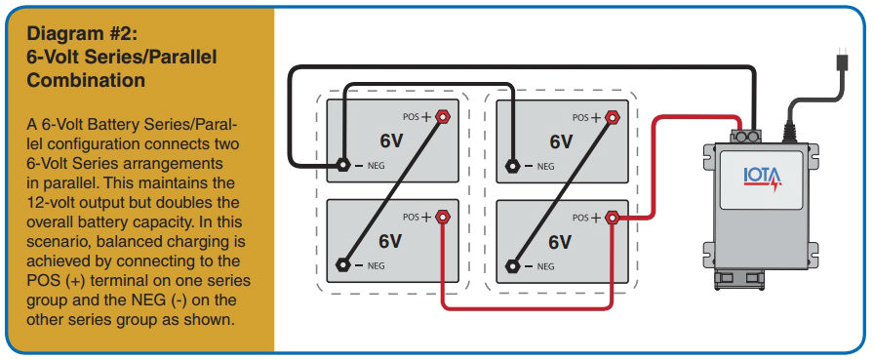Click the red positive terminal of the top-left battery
[442, 116]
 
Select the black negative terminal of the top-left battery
[343, 165]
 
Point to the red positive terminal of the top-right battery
[613, 116]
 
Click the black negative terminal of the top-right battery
[514, 165]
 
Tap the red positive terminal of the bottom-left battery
[442, 216]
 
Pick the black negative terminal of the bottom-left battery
[343, 264]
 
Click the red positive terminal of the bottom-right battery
[613, 217]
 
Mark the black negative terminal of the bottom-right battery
[514, 264]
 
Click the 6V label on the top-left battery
[390, 140]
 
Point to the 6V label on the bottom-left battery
[390, 241]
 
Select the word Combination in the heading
[87, 80]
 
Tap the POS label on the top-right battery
[581, 117]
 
